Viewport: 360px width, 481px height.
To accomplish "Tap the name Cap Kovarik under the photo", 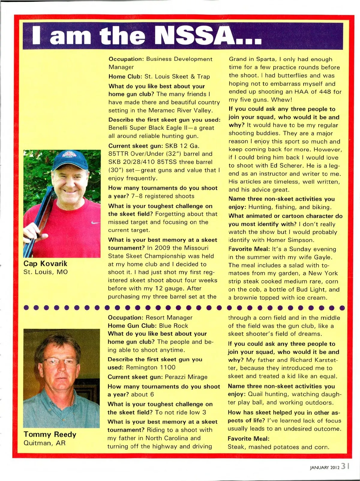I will pyautogui.click(x=45, y=264).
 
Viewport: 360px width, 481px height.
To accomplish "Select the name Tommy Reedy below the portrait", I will pyautogui.click(x=50, y=434).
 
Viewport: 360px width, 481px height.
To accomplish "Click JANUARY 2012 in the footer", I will pyautogui.click(x=325, y=467).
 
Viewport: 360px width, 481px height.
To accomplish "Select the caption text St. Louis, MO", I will pyautogui.click(x=46, y=272).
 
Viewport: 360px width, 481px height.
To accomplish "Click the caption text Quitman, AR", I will pyautogui.click(x=44, y=443).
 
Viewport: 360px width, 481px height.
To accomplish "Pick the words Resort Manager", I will pyautogui.click(x=169, y=318).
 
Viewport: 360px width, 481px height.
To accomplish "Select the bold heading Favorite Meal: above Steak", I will pyautogui.click(x=248, y=439).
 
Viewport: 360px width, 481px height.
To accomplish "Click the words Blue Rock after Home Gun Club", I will pyautogui.click(x=173, y=326).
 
